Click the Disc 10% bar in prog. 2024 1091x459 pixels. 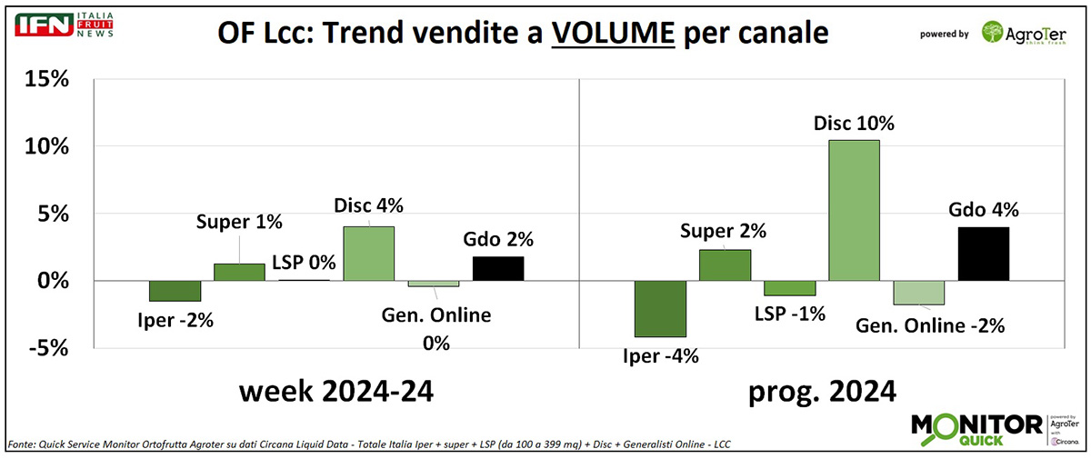point(854,210)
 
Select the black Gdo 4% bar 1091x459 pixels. point(983,254)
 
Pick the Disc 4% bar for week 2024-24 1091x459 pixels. point(368,254)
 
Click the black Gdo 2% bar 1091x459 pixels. point(497,269)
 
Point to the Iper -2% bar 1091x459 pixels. point(175,291)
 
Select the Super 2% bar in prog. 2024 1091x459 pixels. point(725,265)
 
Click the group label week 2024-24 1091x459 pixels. point(335,392)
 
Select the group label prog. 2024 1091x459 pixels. point(822,392)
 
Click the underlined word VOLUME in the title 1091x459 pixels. point(614,33)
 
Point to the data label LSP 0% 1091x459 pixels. point(305,264)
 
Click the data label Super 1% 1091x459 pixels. point(240,222)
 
